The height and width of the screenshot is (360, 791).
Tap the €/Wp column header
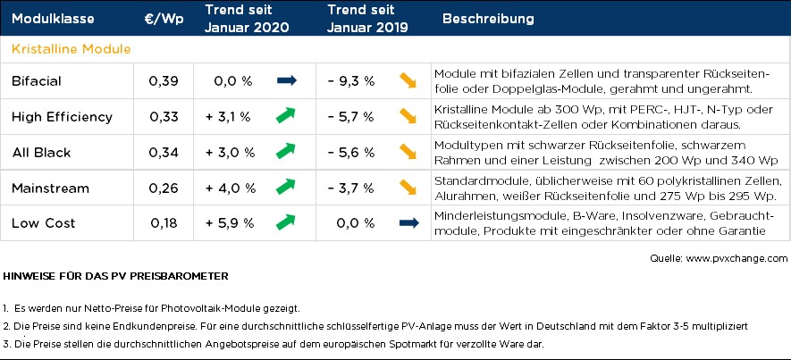[x=164, y=19]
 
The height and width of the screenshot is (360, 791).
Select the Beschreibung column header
[x=489, y=19]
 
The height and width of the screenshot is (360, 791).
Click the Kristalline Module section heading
[x=72, y=48]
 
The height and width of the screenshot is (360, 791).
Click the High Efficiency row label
[x=62, y=117]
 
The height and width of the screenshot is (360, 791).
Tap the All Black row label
[x=41, y=153]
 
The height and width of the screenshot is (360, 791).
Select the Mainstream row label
[x=50, y=188]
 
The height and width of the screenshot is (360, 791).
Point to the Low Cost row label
[x=44, y=222]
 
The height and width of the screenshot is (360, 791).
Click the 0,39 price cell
[x=164, y=81]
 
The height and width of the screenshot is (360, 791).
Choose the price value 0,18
[x=164, y=222]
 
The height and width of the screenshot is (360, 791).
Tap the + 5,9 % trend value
[x=228, y=222]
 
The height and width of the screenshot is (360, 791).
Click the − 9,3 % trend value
[x=350, y=81]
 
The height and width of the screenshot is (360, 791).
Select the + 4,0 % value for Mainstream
[x=228, y=188]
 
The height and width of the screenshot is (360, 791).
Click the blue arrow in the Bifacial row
[x=286, y=81]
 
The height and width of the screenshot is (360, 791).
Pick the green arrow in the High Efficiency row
[x=286, y=116]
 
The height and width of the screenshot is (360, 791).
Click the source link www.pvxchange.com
[x=736, y=257]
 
